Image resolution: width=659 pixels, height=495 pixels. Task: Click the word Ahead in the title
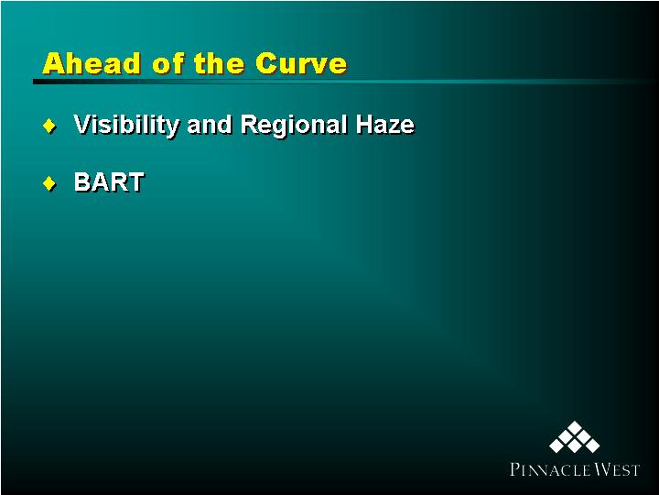coord(91,63)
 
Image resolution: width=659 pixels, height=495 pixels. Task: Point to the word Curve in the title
coord(301,63)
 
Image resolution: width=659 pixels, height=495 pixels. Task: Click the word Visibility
coord(126,126)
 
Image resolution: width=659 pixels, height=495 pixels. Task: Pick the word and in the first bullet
coord(210,125)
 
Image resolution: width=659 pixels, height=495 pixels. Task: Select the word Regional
coord(294,126)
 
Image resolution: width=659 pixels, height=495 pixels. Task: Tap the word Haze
coord(385,125)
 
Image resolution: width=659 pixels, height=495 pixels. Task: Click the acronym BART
coord(109,182)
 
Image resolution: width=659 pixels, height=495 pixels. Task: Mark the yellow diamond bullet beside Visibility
coord(49,126)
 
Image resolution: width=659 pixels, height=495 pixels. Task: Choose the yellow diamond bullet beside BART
coord(49,183)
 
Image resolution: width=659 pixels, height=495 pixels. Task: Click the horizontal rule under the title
coord(346,82)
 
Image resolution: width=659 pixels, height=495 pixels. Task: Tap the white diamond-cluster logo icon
coord(575,437)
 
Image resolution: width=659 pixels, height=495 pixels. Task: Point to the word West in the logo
coord(618,469)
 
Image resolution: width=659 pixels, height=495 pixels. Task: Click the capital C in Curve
coord(265,63)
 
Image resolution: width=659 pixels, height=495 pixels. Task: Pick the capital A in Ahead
coord(54,63)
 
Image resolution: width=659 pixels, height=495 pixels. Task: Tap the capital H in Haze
coord(365,125)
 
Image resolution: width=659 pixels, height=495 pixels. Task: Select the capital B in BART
coord(82,182)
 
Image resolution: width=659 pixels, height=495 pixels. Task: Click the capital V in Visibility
coord(82,125)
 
